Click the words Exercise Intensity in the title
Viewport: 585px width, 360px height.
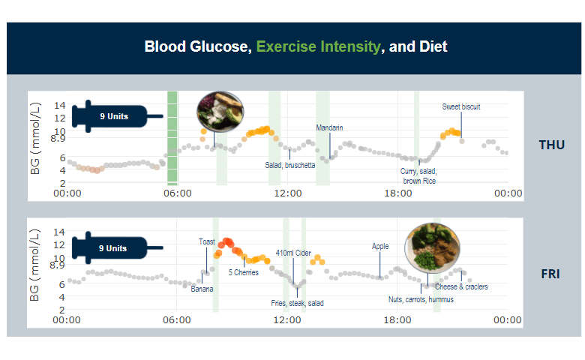click(x=318, y=46)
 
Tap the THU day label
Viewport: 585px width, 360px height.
click(x=551, y=145)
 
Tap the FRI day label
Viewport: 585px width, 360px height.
click(x=551, y=274)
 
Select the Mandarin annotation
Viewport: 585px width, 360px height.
click(x=329, y=127)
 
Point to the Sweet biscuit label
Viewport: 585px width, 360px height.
click(x=460, y=107)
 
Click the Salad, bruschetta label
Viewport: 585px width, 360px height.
click(x=289, y=164)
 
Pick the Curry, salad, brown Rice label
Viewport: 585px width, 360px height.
click(x=418, y=175)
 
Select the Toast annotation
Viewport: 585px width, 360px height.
click(x=207, y=241)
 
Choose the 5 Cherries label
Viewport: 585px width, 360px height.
click(x=244, y=272)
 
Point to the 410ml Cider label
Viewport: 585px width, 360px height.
click(x=293, y=253)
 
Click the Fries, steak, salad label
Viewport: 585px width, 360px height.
click(x=297, y=303)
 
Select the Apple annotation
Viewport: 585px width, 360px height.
click(x=380, y=246)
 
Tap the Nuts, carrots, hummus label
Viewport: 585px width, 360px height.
click(x=421, y=299)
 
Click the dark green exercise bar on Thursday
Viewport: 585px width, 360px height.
click(x=172, y=137)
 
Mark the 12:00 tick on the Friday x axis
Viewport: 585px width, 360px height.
click(x=287, y=320)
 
